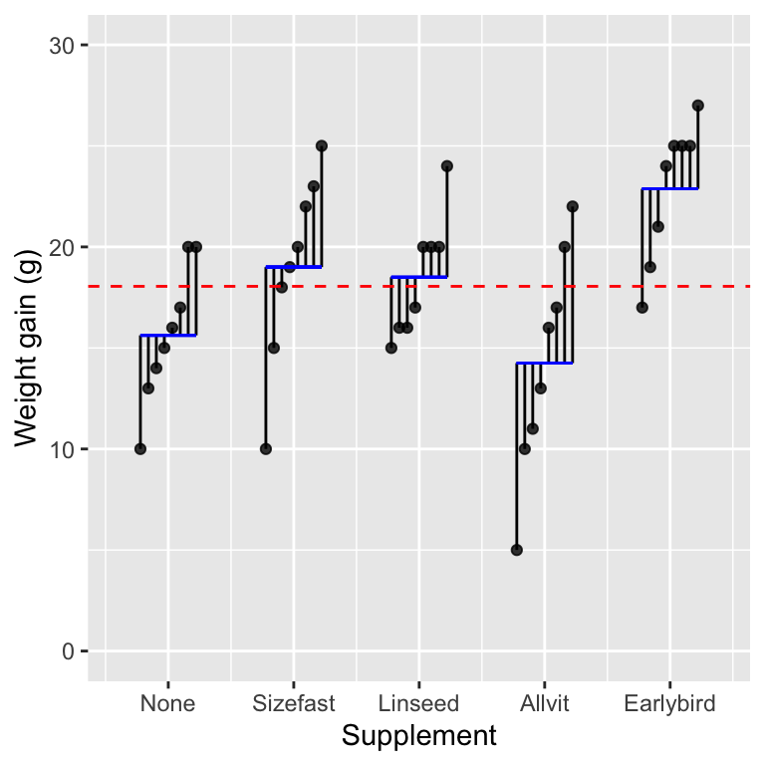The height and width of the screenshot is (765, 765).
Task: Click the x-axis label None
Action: coord(167,703)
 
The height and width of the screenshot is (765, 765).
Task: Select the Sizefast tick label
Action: coord(293,703)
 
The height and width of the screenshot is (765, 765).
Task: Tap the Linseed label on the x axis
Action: coord(418,703)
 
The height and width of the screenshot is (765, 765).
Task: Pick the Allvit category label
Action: coord(544,703)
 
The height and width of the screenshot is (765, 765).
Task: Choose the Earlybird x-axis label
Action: coord(669,703)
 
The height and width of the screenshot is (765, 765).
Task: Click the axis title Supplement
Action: coord(418,736)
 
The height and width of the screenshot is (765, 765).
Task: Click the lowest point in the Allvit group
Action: coord(516,550)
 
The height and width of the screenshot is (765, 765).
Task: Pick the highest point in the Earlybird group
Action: coord(697,106)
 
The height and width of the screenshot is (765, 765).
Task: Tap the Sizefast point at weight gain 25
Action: coord(321,145)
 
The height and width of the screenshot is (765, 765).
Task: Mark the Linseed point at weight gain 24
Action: coord(446,166)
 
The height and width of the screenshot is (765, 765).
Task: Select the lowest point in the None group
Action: coord(139,449)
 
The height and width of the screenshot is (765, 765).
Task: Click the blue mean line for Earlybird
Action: coord(669,188)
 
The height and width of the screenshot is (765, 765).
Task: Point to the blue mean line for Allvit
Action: coord(544,364)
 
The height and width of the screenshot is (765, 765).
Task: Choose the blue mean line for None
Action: coord(167,336)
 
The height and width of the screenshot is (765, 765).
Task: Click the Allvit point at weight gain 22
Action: coord(572,206)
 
